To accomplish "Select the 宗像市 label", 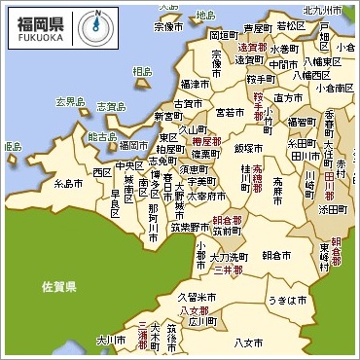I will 167,27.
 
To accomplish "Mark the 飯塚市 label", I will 248,147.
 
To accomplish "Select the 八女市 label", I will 249,342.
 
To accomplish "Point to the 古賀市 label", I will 187,102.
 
